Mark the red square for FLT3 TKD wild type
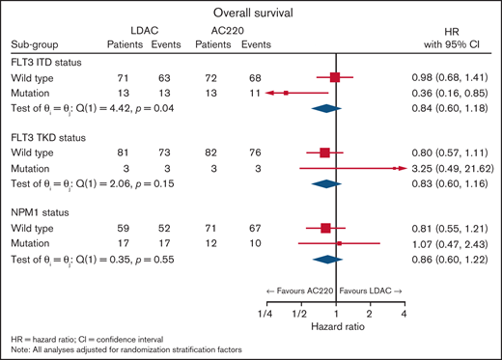pos(325,152)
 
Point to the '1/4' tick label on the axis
pos(265,314)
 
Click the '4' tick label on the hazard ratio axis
pos(403,314)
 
